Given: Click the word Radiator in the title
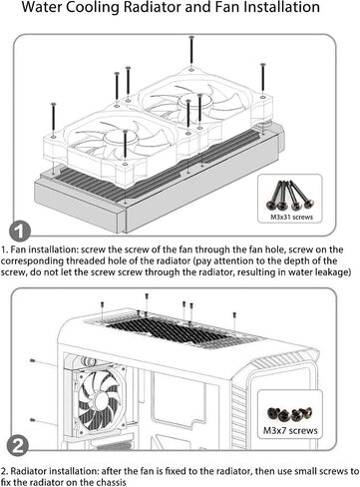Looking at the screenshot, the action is pyautogui.click(x=151, y=7).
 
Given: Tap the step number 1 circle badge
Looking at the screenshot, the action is pyautogui.click(x=19, y=232).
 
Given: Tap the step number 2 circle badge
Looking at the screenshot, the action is pyautogui.click(x=18, y=445).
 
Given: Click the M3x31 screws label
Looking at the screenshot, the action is pyautogui.click(x=291, y=218).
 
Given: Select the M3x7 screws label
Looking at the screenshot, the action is pyautogui.click(x=290, y=430).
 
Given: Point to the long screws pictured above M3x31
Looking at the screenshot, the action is pyautogui.click(x=290, y=196).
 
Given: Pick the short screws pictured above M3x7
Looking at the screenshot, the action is pyautogui.click(x=290, y=413).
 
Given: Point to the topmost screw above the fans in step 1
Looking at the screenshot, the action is pyautogui.click(x=191, y=50).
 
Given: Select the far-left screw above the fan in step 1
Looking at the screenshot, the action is pyautogui.click(x=53, y=119).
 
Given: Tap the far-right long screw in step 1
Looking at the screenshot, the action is pyautogui.click(x=263, y=77).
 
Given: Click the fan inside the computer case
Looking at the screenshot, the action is pyautogui.click(x=99, y=399).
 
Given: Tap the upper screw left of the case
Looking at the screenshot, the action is pyautogui.click(x=33, y=360).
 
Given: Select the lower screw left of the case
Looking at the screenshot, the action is pyautogui.click(x=33, y=420).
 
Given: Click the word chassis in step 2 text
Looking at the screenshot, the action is pyautogui.click(x=112, y=482).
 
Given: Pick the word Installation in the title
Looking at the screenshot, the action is pyautogui.click(x=267, y=7).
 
